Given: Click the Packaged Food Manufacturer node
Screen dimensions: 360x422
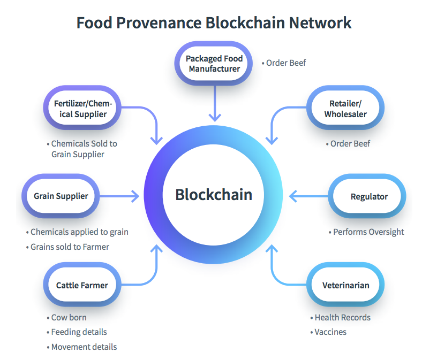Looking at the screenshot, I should point(214,64).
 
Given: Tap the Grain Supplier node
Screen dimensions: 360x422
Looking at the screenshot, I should point(61,196).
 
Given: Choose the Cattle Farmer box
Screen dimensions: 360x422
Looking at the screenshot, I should point(82,285).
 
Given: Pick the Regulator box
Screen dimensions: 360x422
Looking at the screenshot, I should point(368,196).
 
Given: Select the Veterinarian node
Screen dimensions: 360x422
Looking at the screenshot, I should point(345,285).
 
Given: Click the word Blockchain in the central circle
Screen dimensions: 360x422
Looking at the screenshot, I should point(214,194).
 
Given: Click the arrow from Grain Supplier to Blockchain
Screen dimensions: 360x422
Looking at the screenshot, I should point(119,196).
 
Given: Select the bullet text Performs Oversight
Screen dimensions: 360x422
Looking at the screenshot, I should point(368,232).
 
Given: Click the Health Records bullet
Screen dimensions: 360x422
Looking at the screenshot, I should point(342,318).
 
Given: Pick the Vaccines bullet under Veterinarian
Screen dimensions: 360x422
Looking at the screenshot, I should point(330,332).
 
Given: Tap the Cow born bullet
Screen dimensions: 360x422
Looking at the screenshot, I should point(69,318).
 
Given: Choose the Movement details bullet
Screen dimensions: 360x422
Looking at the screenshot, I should point(84,347).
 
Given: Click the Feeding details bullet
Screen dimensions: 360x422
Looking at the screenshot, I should point(79,332).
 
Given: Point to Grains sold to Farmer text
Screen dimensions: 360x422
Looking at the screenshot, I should point(70,247).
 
